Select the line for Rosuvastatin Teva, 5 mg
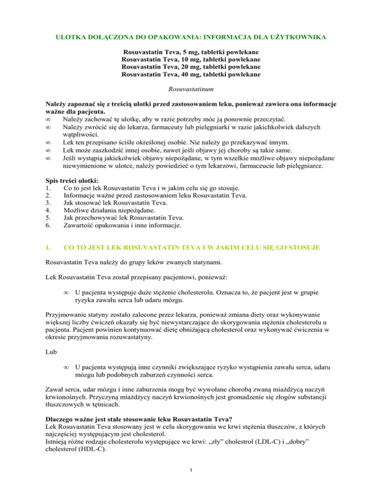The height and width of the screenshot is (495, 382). click(191, 51)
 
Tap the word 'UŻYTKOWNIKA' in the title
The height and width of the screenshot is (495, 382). click(302, 37)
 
